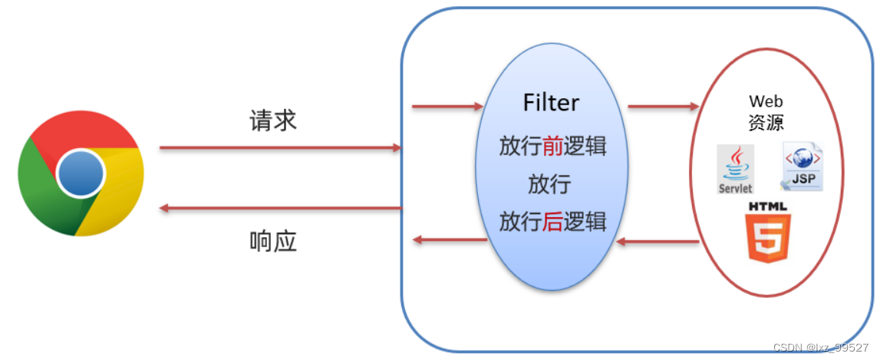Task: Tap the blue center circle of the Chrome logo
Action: [81, 173]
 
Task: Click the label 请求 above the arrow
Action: [273, 121]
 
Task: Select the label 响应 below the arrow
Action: [273, 242]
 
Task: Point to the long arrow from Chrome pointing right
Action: [281, 147]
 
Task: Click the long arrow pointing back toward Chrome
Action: [281, 208]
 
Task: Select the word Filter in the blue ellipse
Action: [551, 103]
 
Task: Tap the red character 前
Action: [553, 146]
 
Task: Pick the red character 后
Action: [552, 222]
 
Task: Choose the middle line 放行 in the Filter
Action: [550, 184]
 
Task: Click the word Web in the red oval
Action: [766, 101]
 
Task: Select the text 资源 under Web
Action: [766, 123]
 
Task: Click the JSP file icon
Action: [801, 167]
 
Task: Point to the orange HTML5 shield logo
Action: [767, 233]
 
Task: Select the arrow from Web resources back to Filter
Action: [658, 243]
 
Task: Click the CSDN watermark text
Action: [821, 348]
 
